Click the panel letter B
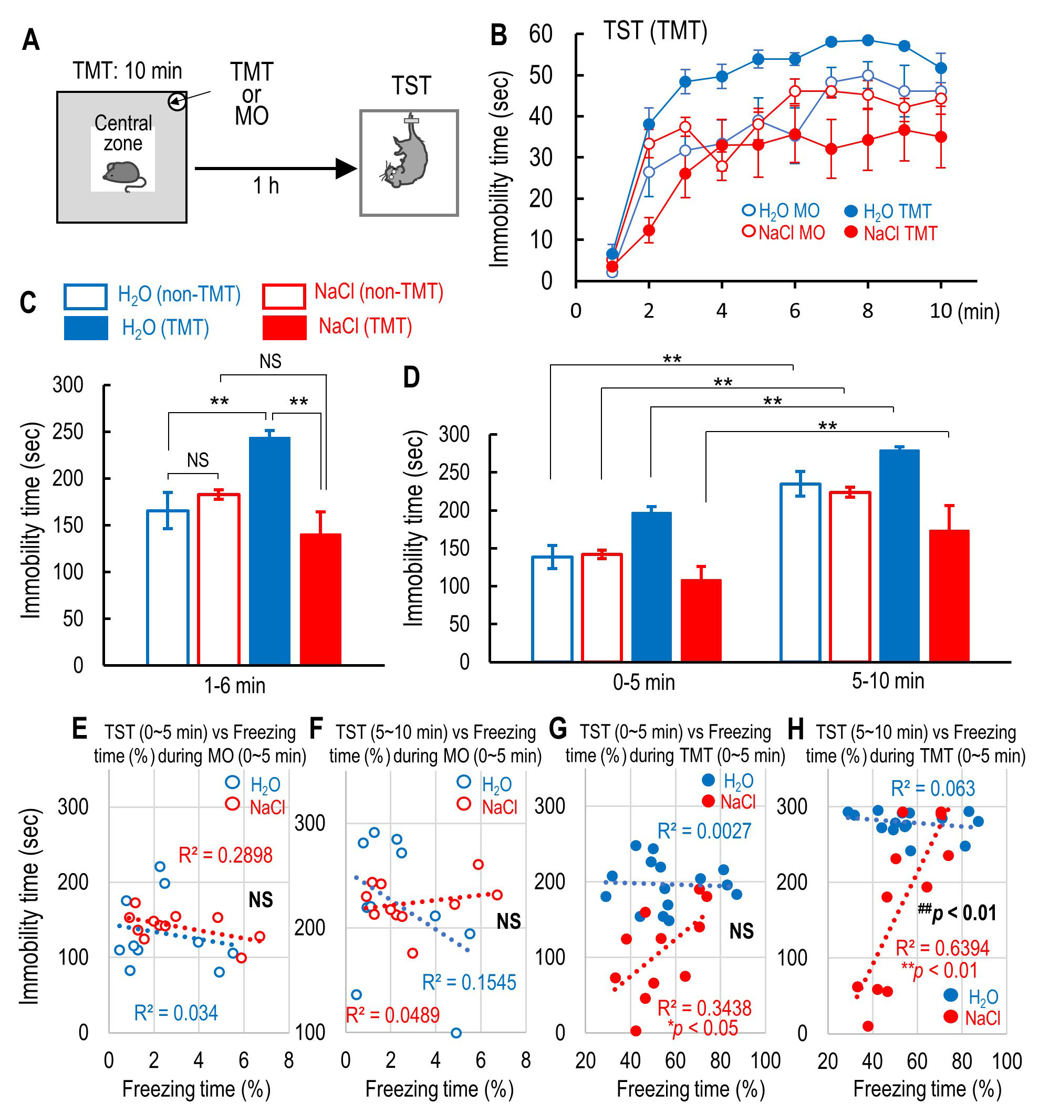click(498, 35)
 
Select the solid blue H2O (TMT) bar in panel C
click(269, 551)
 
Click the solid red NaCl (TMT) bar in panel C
click(320, 599)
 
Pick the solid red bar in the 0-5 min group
click(701, 621)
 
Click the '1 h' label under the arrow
click(265, 186)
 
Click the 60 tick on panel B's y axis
click(541, 35)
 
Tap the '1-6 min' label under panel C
click(234, 685)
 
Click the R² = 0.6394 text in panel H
click(942, 948)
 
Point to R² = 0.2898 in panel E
click(225, 855)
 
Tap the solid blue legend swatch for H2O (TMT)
click(86, 328)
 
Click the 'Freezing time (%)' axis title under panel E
click(196, 1089)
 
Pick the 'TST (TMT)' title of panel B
click(655, 31)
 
